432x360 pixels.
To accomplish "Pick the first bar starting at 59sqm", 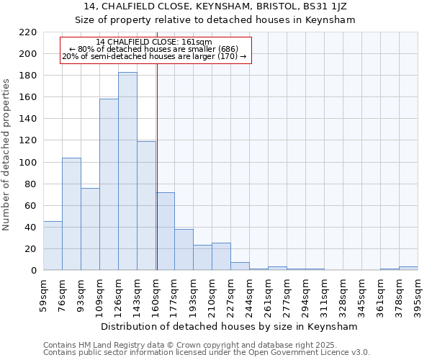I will [x=53, y=246].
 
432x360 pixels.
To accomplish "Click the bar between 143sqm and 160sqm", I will [x=146, y=206].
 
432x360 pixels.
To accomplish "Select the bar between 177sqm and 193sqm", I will [x=184, y=250].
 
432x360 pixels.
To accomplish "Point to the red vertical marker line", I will [x=156, y=180].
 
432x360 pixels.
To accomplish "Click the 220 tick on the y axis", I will [x=27, y=32].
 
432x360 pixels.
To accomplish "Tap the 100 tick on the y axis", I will [x=27, y=163].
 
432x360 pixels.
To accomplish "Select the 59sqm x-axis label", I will [x=44, y=293].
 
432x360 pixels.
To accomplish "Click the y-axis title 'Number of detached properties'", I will [x=6, y=156].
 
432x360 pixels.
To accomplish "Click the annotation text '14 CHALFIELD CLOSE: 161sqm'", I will [x=154, y=42].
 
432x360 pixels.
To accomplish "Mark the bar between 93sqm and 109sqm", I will [x=90, y=229].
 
